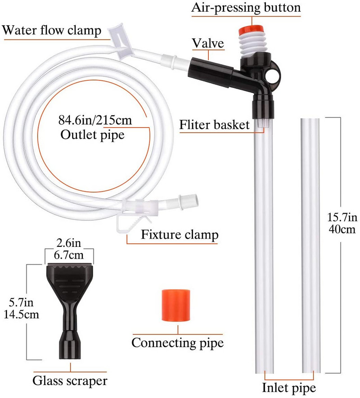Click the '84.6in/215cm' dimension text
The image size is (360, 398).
(x=92, y=121)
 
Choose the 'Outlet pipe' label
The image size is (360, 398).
(x=92, y=134)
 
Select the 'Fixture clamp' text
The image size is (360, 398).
(x=180, y=234)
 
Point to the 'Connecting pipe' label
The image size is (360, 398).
(x=177, y=343)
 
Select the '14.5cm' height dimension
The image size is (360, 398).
(x=20, y=313)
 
